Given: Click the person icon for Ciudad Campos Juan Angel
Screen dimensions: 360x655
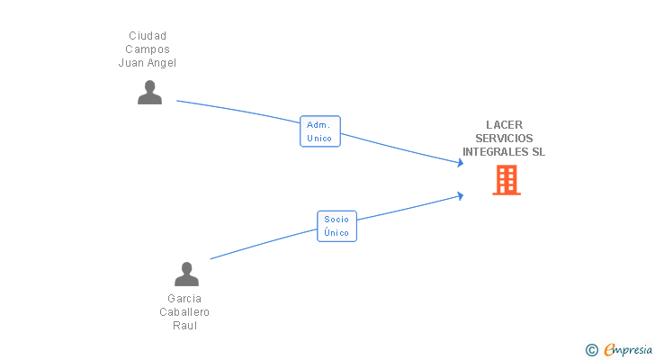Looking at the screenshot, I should pos(149,93).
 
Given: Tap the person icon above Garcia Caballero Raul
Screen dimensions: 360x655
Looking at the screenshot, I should pos(186,274).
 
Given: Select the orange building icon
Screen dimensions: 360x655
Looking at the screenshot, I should pos(507,180).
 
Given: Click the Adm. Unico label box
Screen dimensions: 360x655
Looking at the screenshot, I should pos(319,131).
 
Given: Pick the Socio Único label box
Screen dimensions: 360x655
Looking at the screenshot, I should pos(336,226).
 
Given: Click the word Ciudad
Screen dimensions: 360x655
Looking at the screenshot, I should pos(148,36).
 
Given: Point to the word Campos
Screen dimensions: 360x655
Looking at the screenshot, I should pos(148,49).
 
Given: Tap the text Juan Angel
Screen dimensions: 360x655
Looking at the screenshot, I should pos(148,63).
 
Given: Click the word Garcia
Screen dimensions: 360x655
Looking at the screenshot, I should pos(184,298).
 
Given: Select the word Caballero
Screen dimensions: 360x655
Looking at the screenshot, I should pos(184,311).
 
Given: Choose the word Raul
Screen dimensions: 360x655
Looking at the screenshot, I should pos(184,325).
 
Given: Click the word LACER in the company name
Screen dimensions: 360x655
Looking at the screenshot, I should pos(504,125).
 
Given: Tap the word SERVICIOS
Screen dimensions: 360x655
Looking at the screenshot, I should pos(504,139).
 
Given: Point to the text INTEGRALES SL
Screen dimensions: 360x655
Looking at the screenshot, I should pos(504,152).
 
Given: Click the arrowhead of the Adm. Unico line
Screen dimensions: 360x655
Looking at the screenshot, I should pos(460,163).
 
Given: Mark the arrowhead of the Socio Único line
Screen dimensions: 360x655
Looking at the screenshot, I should pos(460,194).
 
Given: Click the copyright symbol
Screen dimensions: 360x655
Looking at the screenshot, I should pos(591,350).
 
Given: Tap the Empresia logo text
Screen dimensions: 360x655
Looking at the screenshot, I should pos(628,350).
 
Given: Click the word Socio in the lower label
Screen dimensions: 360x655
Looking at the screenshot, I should pos(336,220).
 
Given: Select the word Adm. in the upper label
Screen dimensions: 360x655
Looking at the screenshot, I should pos(319,125).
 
